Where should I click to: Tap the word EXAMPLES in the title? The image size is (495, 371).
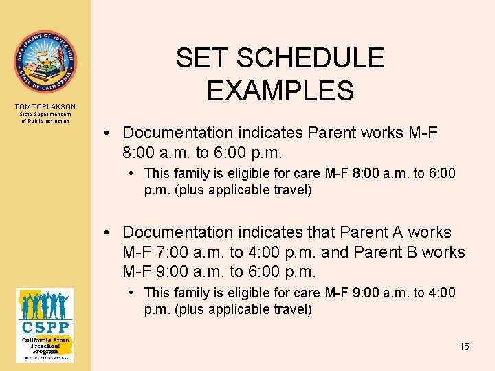[x=280, y=90]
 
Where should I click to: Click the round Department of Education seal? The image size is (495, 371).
[x=45, y=62]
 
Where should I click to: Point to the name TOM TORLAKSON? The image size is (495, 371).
[x=45, y=107]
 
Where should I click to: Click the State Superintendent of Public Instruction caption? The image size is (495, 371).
[x=45, y=118]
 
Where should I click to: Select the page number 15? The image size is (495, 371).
[x=464, y=346]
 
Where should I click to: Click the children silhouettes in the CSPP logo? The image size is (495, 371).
[x=45, y=304]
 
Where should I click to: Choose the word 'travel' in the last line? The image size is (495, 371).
[x=291, y=309]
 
